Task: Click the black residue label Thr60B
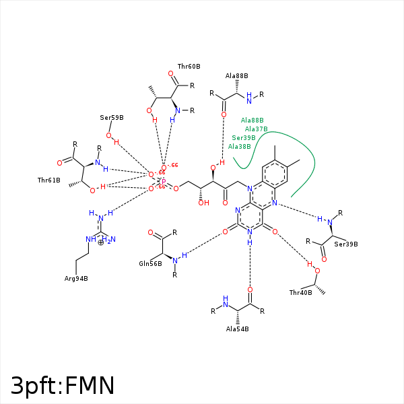189,67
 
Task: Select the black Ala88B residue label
236,76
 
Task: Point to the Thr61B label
49,180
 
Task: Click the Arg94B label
76,278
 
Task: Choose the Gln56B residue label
150,264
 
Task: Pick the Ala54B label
237,329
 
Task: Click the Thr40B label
300,293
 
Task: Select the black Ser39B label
346,244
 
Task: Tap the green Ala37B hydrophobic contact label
256,129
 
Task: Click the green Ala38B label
239,146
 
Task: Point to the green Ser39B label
244,137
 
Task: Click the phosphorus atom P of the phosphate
163,180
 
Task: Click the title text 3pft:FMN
63,385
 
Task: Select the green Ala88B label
252,120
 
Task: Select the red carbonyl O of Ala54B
250,290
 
